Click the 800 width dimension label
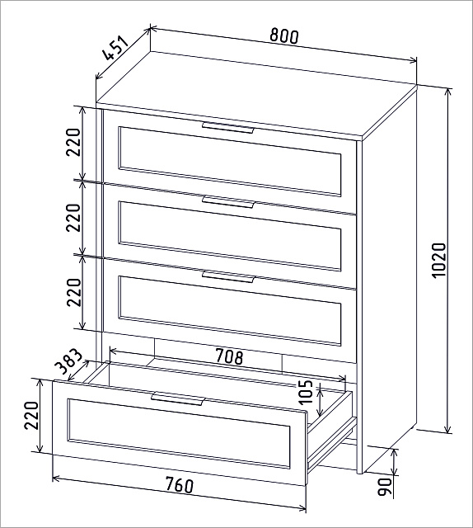pyautogui.click(x=284, y=36)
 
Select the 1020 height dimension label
pyautogui.click(x=438, y=260)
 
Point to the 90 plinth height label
pyautogui.click(x=385, y=486)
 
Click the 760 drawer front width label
pyautogui.click(x=180, y=485)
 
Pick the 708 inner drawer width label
pyautogui.click(x=229, y=357)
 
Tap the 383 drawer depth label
pyautogui.click(x=68, y=362)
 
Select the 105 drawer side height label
pyautogui.click(x=306, y=393)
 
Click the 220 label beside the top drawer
pyautogui.click(x=74, y=142)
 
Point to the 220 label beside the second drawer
pyautogui.click(x=74, y=217)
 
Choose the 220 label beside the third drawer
pyautogui.click(x=74, y=292)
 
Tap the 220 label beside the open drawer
pyautogui.click(x=31, y=415)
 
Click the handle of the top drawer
pyautogui.click(x=227, y=129)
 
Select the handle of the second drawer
pyautogui.click(x=227, y=201)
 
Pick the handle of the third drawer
pyautogui.click(x=227, y=276)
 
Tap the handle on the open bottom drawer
pyautogui.click(x=178, y=398)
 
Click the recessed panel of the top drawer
pyautogui.click(x=230, y=162)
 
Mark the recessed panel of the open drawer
pyautogui.click(x=179, y=433)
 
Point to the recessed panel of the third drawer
pyautogui.click(x=230, y=311)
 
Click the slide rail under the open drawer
pyautogui.click(x=332, y=438)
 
